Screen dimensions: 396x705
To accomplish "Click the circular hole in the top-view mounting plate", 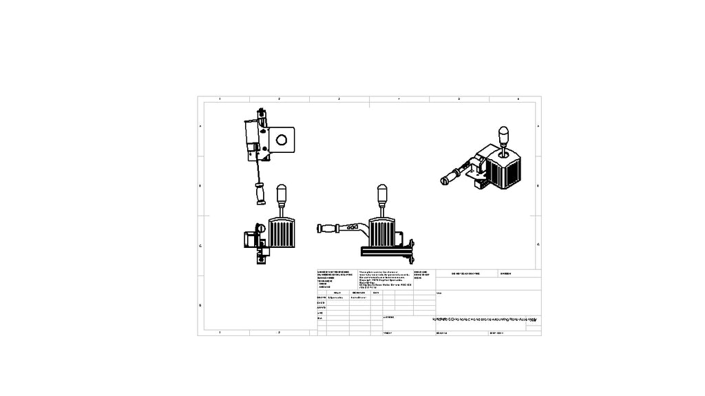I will click(282, 140).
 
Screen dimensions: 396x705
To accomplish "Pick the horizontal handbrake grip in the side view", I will click(328, 228).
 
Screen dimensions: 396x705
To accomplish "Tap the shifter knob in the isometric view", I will click(503, 133).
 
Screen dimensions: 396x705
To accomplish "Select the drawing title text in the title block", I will click(486, 320).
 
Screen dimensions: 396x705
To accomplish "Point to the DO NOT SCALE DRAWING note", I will click(465, 273).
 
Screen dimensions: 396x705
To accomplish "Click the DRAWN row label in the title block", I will click(321, 298).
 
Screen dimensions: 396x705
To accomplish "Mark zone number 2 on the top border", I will click(280, 99).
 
